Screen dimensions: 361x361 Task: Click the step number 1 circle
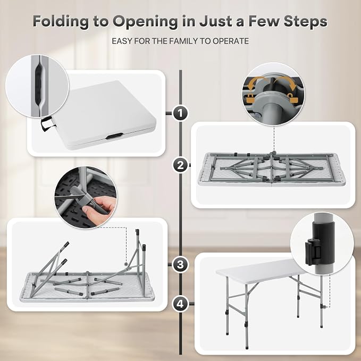click(x=180, y=113)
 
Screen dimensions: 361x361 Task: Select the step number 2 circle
click(x=180, y=165)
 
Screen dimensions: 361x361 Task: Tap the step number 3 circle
click(x=180, y=264)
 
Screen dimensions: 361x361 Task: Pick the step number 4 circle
click(x=180, y=304)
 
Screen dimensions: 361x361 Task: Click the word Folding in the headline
click(x=61, y=22)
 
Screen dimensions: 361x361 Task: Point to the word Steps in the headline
click(x=305, y=21)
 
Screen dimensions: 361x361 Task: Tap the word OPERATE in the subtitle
click(x=231, y=41)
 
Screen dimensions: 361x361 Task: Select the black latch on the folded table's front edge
click(x=114, y=136)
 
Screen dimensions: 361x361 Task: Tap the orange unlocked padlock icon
click(x=292, y=98)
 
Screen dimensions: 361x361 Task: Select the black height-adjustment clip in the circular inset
click(x=320, y=244)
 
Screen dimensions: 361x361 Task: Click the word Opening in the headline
click(x=145, y=22)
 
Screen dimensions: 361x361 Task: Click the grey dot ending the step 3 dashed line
click(x=126, y=264)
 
